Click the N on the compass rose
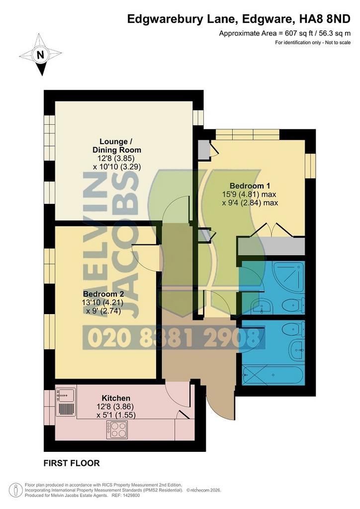tap(41, 55)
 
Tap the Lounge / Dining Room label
tap(116, 146)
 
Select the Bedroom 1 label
tap(250, 186)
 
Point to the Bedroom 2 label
tap(103, 294)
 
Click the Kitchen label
tap(116, 398)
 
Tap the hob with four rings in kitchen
tap(117, 429)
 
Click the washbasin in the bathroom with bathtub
tap(297, 350)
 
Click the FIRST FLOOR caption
tap(72, 463)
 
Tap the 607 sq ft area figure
tap(297, 33)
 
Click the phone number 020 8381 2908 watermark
tap(174, 338)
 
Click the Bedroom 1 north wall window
tap(247, 134)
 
